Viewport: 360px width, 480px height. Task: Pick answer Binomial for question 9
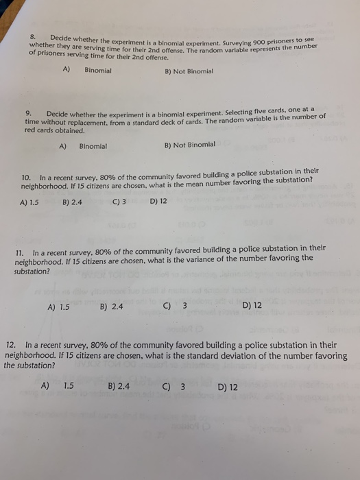point(93,146)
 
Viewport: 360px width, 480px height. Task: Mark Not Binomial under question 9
point(190,145)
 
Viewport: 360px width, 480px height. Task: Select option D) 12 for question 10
point(158,202)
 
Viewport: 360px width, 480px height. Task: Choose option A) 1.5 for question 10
point(29,203)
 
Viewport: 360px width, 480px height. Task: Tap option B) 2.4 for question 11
point(111,307)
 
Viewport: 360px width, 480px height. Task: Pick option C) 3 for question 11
point(176,306)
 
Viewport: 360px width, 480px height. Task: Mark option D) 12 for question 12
point(228,387)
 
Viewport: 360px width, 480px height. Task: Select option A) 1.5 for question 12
point(58,385)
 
